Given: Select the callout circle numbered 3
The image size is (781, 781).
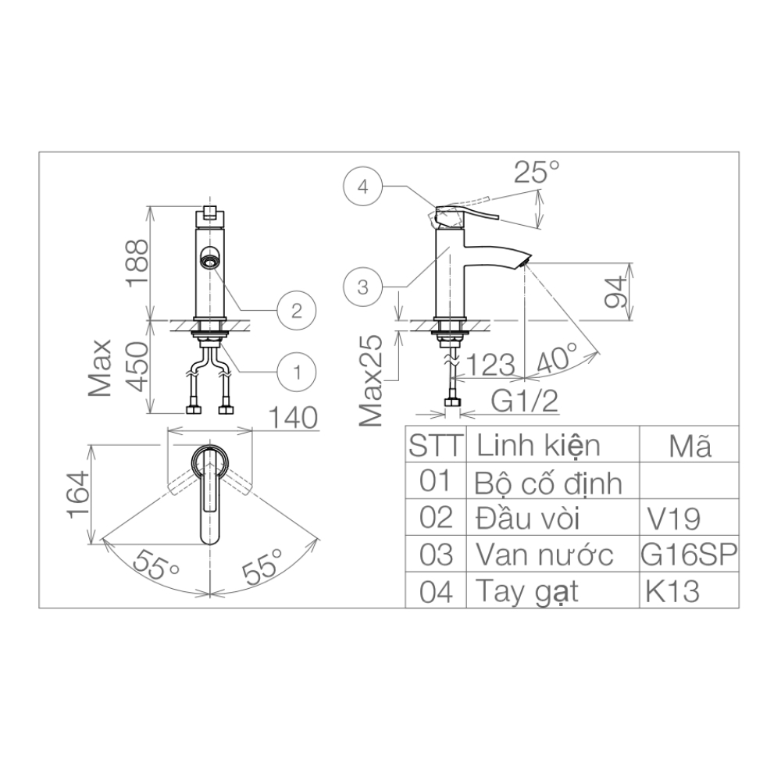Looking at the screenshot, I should tap(362, 287).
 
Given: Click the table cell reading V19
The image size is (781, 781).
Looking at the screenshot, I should tap(674, 519).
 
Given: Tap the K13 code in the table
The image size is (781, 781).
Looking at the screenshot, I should tap(671, 591).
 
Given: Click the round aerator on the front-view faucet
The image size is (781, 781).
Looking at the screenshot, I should tap(210, 257).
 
